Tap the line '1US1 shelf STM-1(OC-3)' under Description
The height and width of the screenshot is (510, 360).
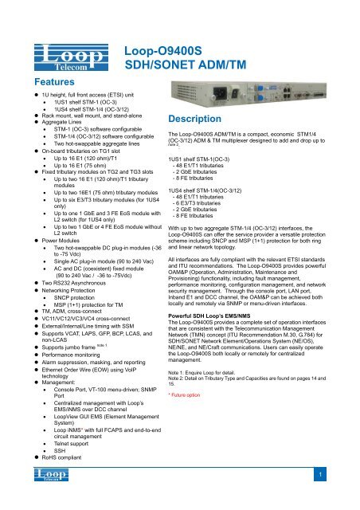coord(211,160)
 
